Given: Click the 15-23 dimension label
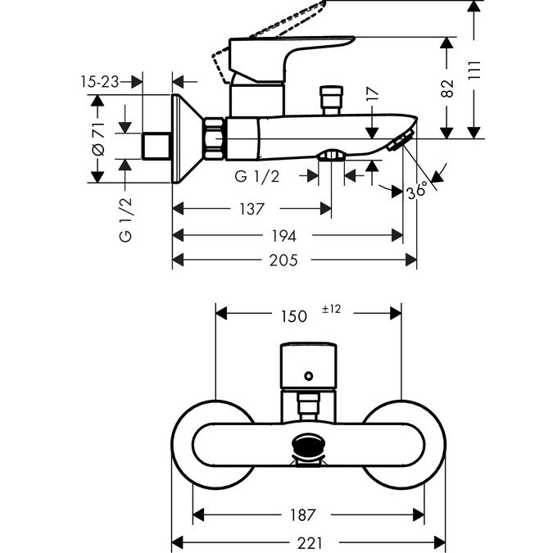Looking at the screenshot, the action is click(100, 82).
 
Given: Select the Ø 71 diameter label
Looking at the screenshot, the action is click(98, 138).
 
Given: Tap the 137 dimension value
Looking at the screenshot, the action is click(252, 209).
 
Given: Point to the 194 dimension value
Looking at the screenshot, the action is click(284, 236).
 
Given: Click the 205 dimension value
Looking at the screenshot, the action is click(283, 261).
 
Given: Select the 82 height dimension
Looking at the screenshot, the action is click(447, 88).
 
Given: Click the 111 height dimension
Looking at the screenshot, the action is click(474, 70).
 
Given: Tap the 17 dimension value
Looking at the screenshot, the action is click(373, 94).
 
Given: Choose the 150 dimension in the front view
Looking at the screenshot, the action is click(293, 316).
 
